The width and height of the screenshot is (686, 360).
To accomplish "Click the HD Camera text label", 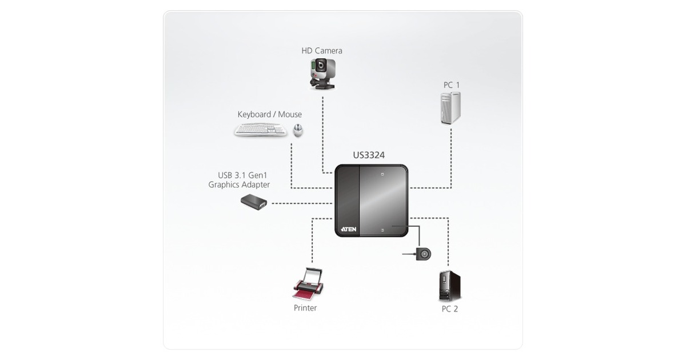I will (x=322, y=51).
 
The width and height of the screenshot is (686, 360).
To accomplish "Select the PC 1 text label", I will (x=452, y=85).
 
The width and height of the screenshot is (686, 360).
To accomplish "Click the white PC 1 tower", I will (x=450, y=108).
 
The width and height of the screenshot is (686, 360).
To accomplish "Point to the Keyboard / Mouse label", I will (x=269, y=114).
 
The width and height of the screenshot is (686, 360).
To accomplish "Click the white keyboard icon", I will (x=261, y=131).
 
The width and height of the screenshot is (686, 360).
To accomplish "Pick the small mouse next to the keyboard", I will (x=298, y=130).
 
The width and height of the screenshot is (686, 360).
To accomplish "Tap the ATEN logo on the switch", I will (x=349, y=229).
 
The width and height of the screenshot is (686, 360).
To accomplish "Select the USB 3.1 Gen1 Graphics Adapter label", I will (x=239, y=179).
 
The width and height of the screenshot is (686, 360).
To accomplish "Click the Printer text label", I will (x=305, y=308).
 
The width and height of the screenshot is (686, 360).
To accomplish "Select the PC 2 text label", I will (x=450, y=309).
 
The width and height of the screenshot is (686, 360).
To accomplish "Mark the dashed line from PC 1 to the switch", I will (x=451, y=160).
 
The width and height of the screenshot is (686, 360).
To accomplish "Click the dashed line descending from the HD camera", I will (x=323, y=131).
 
